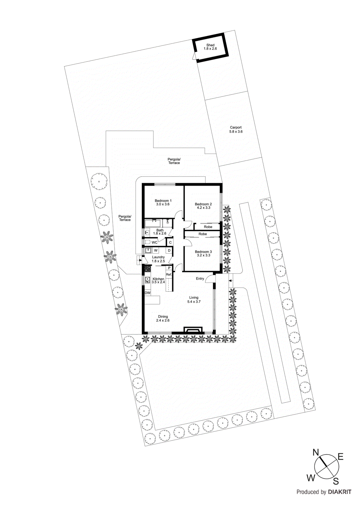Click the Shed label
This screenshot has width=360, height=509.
click(x=210, y=45)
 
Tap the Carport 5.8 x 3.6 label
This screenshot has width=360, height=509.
click(x=236, y=129)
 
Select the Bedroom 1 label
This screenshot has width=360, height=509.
click(x=163, y=201)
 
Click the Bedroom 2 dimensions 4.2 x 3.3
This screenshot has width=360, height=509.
click(x=203, y=208)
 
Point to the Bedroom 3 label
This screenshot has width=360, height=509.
click(x=203, y=252)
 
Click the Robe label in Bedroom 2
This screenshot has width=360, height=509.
click(x=208, y=227)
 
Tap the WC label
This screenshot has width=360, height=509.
click(x=154, y=242)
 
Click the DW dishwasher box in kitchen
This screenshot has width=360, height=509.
click(x=147, y=293)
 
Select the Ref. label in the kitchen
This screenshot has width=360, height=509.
click(x=169, y=274)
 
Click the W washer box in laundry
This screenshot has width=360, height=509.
click(x=156, y=250)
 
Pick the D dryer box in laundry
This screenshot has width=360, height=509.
click(x=169, y=250)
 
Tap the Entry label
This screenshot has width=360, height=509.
click(x=200, y=279)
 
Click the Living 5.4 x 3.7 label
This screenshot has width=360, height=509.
click(x=194, y=300)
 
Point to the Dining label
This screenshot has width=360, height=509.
click(x=163, y=317)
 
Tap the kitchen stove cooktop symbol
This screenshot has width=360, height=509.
click(x=147, y=269)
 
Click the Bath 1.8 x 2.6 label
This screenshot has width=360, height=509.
click(x=160, y=232)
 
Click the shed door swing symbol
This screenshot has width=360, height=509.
click(x=194, y=56)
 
